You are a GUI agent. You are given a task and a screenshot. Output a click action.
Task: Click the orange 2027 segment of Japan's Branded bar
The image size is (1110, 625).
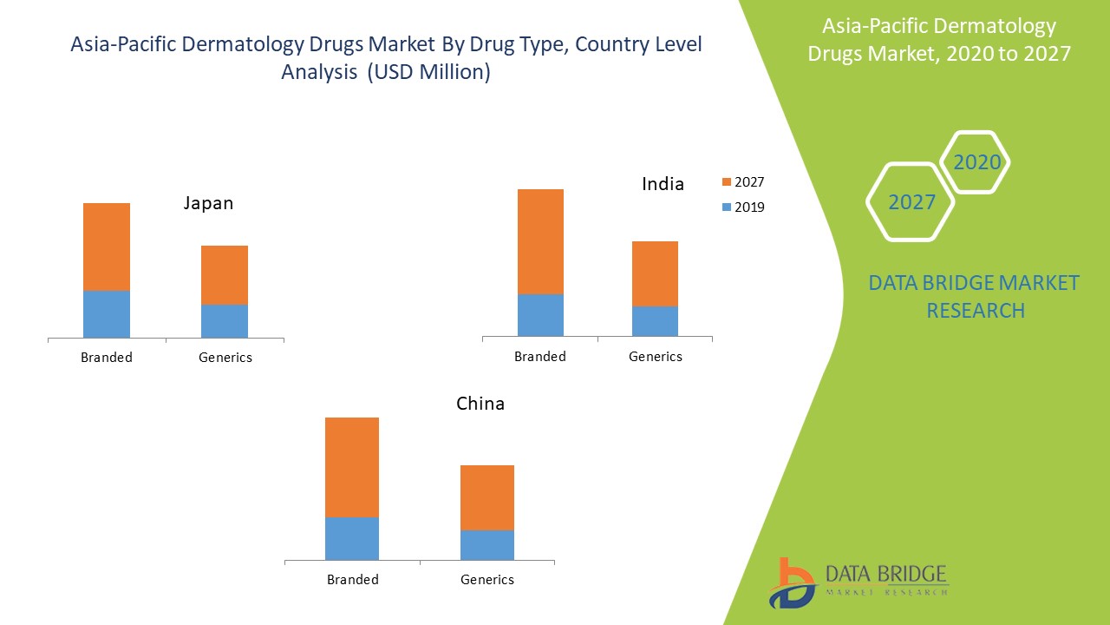[107, 247]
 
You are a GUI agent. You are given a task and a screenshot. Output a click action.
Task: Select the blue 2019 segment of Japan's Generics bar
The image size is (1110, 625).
[225, 320]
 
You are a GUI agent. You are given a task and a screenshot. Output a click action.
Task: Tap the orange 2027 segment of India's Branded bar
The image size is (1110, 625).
[540, 241]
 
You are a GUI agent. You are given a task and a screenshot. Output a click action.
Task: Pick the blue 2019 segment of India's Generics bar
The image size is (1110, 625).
[655, 320]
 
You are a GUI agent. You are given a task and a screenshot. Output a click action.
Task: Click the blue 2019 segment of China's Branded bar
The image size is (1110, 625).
[352, 538]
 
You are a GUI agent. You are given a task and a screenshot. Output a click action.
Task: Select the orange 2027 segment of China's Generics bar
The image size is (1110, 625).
[487, 497]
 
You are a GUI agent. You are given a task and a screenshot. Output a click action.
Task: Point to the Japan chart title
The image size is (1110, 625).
[208, 203]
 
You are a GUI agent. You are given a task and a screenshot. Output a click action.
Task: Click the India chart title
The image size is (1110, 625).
[663, 183]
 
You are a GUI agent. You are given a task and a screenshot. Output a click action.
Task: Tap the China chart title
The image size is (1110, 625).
[480, 404]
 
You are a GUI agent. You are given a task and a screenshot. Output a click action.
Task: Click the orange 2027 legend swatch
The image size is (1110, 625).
[727, 182]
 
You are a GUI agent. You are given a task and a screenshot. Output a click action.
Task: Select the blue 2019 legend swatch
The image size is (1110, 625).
[727, 207]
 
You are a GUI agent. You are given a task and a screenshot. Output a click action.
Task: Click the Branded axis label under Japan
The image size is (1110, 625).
[107, 357]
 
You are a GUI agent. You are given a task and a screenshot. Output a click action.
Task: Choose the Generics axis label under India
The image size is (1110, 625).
[656, 356]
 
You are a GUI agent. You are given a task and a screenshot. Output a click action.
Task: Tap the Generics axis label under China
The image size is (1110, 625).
[487, 579]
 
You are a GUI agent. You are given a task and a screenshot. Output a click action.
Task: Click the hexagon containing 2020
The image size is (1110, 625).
[976, 161]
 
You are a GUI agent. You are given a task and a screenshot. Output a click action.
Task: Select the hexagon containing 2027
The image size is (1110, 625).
[911, 201]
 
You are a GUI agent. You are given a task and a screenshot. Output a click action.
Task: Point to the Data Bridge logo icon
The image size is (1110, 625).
[791, 582]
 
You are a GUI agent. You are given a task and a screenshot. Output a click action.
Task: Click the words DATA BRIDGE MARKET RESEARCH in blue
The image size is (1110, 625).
[974, 296]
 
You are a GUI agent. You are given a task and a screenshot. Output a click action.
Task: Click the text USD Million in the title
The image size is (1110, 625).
[428, 72]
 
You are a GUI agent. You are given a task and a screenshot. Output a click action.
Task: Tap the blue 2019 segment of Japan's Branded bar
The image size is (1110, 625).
[107, 313]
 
